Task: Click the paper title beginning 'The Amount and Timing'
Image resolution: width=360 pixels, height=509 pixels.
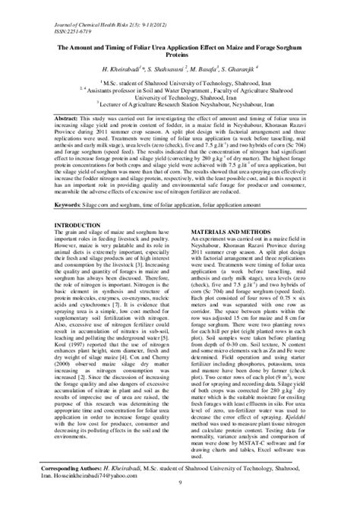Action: [x=179, y=49]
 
